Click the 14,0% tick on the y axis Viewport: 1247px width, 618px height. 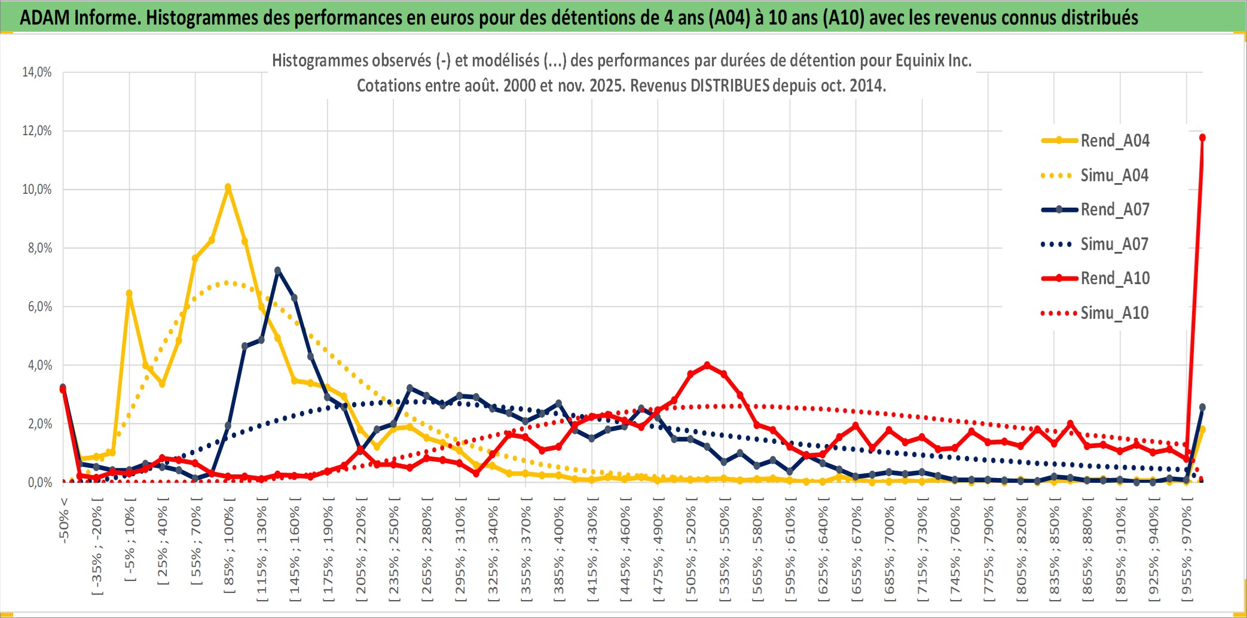(37, 72)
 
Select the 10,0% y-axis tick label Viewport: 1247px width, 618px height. (37, 190)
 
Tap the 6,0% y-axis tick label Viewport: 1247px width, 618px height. (39, 307)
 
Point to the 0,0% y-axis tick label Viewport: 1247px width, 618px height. (39, 483)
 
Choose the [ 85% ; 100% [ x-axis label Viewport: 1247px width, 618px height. (229, 550)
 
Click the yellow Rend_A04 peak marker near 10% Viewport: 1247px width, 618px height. (228, 187)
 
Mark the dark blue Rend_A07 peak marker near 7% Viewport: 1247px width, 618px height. (277, 270)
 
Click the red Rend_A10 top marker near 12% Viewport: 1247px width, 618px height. (1202, 138)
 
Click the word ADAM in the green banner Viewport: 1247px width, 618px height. (44, 18)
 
